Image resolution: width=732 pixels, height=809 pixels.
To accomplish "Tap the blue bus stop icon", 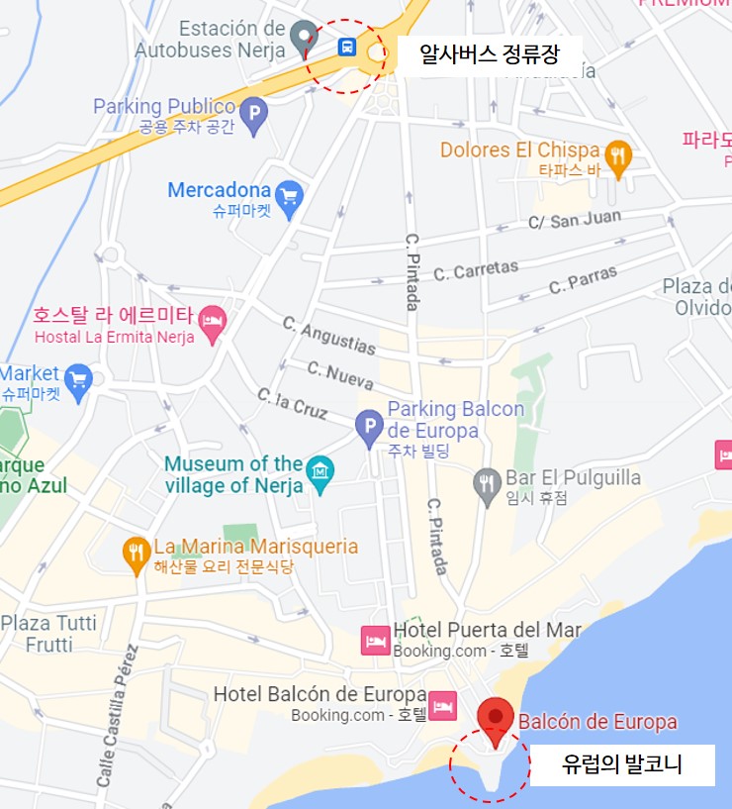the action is (x=347, y=47).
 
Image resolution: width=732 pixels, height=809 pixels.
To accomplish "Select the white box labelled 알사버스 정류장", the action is (x=489, y=53).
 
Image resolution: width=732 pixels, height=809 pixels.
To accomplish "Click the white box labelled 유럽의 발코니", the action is (x=622, y=764).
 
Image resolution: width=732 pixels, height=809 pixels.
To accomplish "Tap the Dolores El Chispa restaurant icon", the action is (x=618, y=155).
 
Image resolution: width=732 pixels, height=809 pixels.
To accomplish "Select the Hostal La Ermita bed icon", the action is (x=212, y=319).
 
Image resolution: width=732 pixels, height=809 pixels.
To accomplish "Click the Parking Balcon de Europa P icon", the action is (x=369, y=428).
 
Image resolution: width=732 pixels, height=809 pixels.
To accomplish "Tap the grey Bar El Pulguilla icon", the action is (x=487, y=485).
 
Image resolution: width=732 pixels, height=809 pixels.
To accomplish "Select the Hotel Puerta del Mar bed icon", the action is (x=375, y=639).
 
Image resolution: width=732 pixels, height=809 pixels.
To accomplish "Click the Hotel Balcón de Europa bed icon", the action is (x=442, y=704).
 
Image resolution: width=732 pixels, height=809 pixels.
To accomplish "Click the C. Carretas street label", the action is (x=476, y=269).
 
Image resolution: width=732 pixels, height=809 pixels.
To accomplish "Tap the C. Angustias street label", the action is (x=329, y=336).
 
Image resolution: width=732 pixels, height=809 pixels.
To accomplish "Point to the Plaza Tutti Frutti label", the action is (x=49, y=633).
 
